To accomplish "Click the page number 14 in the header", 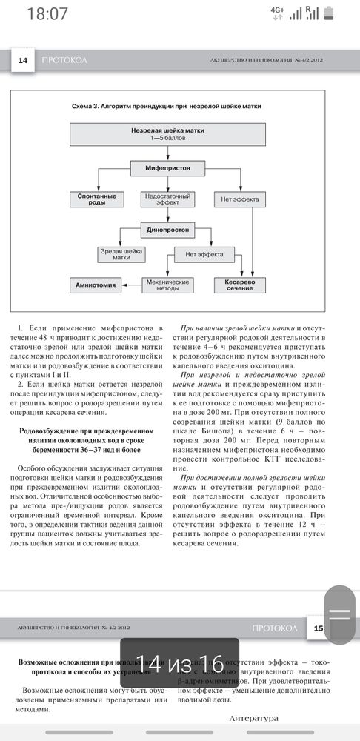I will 22,60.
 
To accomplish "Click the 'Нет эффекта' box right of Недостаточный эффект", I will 239,199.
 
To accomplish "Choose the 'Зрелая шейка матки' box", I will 121,255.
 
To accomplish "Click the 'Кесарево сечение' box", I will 239,285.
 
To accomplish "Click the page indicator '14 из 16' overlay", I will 179,662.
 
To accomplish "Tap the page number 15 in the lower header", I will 319,629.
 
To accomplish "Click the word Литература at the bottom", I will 253,719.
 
